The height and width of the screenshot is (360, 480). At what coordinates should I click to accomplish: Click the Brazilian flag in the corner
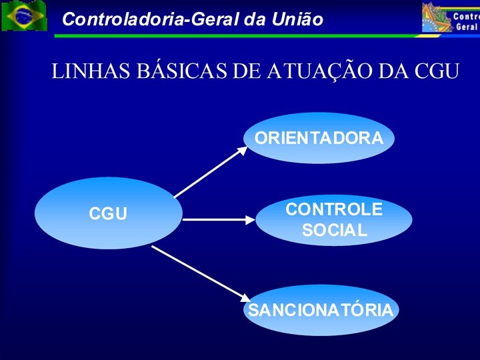point(24,16)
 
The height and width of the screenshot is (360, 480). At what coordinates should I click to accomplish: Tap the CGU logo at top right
point(451,17)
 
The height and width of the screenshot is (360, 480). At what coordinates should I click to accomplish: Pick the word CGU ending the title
point(436,71)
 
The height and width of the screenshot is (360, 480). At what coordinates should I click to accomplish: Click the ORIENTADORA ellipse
point(319,138)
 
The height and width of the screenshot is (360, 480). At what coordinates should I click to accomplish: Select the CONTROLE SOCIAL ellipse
point(333,219)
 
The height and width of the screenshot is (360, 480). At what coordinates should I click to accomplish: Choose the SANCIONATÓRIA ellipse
point(320,310)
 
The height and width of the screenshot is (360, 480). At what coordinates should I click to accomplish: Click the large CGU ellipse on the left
point(108,213)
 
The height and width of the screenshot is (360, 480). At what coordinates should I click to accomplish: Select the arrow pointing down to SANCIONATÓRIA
point(200,273)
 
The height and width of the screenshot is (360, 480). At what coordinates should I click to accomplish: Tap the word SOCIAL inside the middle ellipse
point(334,231)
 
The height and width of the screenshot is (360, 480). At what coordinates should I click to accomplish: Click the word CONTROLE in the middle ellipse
point(334,209)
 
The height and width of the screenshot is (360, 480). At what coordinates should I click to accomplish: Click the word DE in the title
point(244,71)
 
